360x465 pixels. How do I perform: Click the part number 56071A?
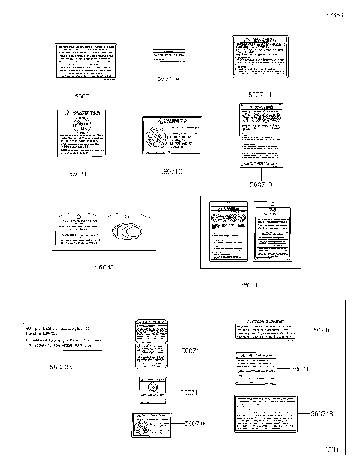[168, 78]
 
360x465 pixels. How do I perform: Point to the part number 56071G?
[172, 172]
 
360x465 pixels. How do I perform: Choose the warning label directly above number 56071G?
[172, 134]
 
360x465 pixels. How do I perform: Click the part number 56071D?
[261, 184]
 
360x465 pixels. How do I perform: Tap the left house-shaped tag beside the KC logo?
[76, 231]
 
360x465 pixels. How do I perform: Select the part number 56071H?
[249, 286]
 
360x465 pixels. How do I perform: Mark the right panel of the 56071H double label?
[271, 234]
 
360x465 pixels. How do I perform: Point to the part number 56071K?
[196, 424]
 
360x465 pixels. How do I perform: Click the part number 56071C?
[325, 330]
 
